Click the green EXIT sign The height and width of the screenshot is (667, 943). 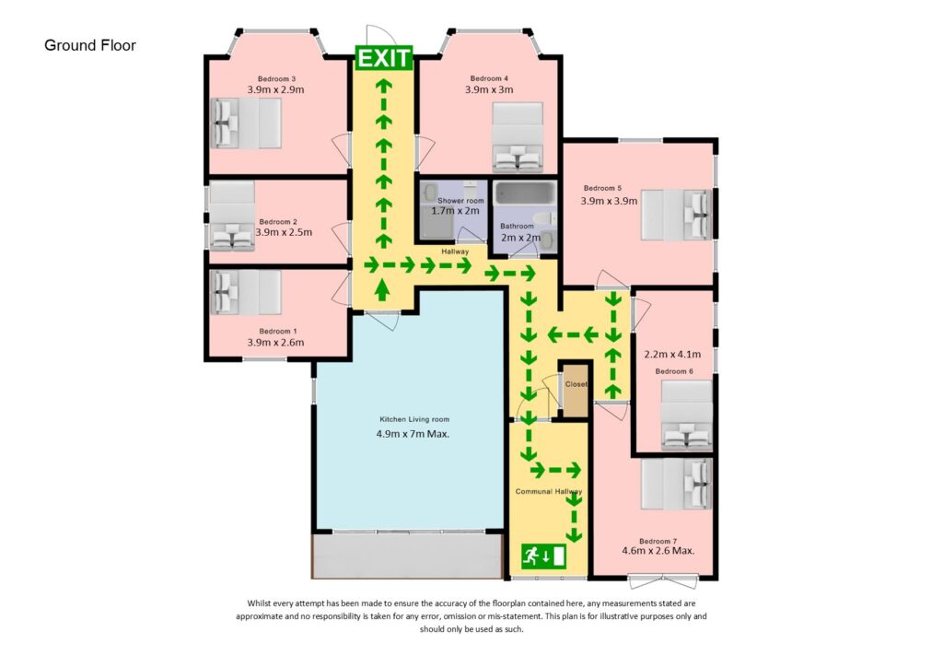384,59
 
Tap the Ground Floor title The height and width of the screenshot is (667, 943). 90,45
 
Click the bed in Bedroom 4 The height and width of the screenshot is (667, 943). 518,137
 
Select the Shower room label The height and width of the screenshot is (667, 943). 460,200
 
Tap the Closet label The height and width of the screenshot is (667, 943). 576,384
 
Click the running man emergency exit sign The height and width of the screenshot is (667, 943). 543,556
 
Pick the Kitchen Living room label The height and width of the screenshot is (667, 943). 415,419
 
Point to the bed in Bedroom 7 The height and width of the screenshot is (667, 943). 677,485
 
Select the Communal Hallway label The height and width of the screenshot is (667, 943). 549,492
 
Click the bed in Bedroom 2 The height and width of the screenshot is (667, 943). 231,216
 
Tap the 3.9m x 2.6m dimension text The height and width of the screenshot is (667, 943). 275,342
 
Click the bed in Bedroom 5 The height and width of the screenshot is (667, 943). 677,215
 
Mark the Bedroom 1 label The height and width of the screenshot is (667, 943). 278,331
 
